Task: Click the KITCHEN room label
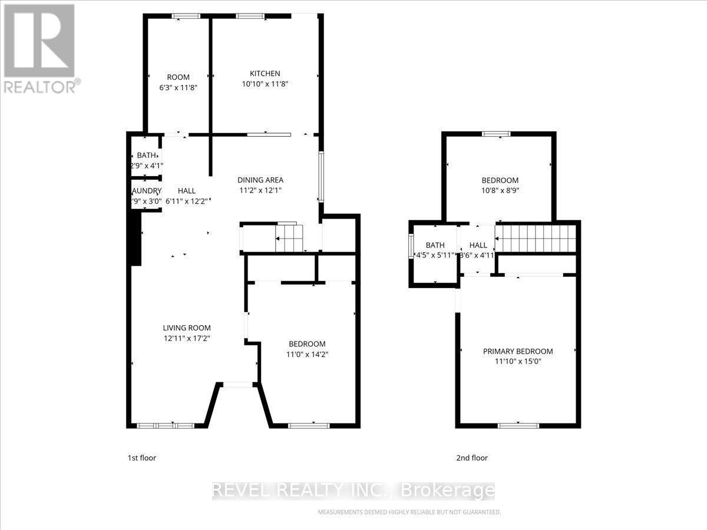[x=265, y=74]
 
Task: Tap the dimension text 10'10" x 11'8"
[x=265, y=84]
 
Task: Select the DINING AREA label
[x=260, y=180]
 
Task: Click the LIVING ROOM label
[x=187, y=328]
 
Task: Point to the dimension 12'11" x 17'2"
[x=187, y=339]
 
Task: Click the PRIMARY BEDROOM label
[x=518, y=352]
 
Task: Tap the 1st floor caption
[x=142, y=458]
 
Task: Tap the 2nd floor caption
[x=471, y=458]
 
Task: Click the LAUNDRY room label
[x=146, y=191]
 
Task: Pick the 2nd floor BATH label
[x=435, y=245]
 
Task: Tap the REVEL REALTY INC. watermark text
[x=353, y=490]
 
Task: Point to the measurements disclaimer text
[x=409, y=512]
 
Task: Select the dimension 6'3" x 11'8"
[x=178, y=87]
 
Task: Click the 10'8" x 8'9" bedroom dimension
[x=500, y=190]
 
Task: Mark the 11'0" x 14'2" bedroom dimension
[x=306, y=355]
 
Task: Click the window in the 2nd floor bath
[x=411, y=246]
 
